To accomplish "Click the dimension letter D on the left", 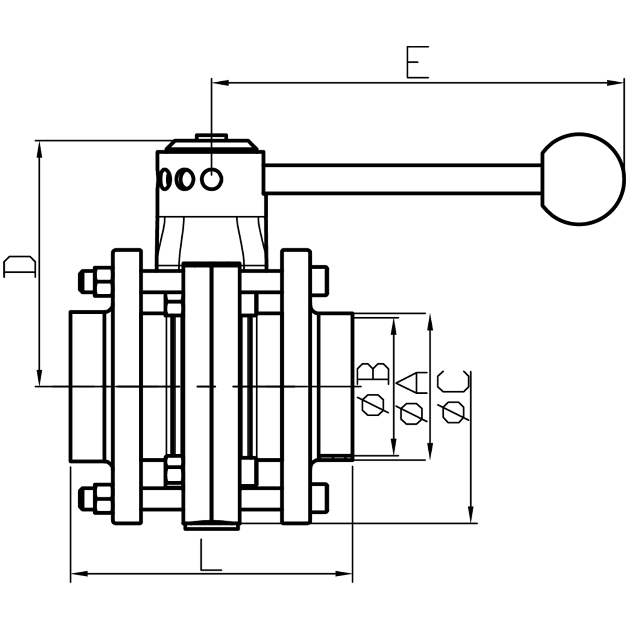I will tap(20, 267).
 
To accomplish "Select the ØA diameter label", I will tap(412, 398).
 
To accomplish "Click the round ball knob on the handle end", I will tap(583, 179).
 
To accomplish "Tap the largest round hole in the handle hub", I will tap(212, 180).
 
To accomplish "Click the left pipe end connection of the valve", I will tap(87, 386).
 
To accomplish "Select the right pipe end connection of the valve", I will tap(336, 386).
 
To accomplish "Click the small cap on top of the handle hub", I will tap(211, 137).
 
